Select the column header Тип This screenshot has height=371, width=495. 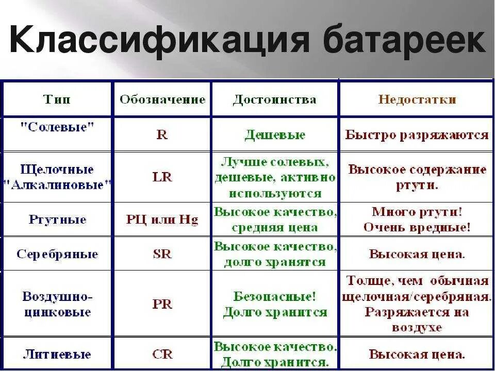pyautogui.click(x=58, y=99)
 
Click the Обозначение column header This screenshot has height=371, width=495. pyautogui.click(x=162, y=99)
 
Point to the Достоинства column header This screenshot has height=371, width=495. pyautogui.click(x=274, y=99)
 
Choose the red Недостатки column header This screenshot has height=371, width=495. pyautogui.click(x=417, y=99)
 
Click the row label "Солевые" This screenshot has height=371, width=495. pyautogui.click(x=58, y=127)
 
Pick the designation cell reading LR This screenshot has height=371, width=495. pyautogui.click(x=162, y=177)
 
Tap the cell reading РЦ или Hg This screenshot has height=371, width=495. pyautogui.click(x=162, y=220)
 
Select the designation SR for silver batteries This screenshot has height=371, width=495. pyautogui.click(x=162, y=254)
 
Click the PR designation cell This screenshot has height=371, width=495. pyautogui.click(x=162, y=303)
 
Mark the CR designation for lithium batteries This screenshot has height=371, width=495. pyautogui.click(x=162, y=354)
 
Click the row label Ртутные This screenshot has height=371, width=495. pyautogui.click(x=58, y=220)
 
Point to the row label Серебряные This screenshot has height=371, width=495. pyautogui.click(x=58, y=254)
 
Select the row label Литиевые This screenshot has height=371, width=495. pyautogui.click(x=58, y=354)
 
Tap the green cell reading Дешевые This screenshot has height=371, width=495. pyautogui.click(x=275, y=135)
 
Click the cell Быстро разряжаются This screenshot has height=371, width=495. pyautogui.click(x=417, y=135)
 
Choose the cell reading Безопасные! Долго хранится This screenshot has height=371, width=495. pyautogui.click(x=275, y=304)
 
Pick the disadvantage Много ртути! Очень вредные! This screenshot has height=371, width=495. pyautogui.click(x=417, y=220)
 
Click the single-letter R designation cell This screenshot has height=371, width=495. pyautogui.click(x=162, y=135)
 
